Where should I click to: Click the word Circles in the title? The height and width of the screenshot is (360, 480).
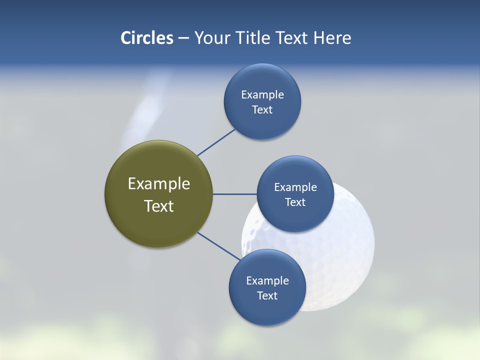click(146, 38)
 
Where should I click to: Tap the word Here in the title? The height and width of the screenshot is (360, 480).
click(332, 38)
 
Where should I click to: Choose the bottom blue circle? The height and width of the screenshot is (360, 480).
click(267, 310)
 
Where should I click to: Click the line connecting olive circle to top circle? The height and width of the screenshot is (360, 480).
click(216, 142)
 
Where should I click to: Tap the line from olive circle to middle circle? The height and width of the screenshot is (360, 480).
click(234, 194)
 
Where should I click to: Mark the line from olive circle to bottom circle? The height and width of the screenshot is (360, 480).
click(218, 246)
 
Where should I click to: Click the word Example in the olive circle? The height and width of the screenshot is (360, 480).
click(159, 184)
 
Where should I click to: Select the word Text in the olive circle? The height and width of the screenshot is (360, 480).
click(159, 206)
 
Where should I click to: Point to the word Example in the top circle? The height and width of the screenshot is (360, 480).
click(262, 94)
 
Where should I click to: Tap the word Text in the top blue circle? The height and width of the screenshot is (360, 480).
click(262, 109)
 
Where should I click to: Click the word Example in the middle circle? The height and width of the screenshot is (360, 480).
click(295, 187)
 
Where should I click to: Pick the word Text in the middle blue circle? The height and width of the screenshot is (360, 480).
click(295, 202)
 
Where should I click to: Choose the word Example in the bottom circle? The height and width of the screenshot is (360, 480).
click(267, 280)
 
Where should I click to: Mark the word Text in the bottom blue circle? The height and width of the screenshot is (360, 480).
click(267, 295)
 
